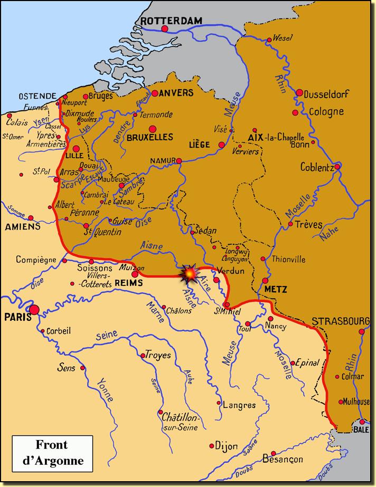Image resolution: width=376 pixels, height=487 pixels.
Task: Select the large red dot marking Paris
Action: [35, 310]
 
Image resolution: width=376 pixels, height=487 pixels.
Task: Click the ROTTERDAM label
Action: [171, 20]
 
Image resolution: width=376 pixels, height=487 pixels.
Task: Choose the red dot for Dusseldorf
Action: [299, 93]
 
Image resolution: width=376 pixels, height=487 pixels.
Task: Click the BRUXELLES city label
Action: [150, 137]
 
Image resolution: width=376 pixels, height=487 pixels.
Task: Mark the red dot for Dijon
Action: [211, 444]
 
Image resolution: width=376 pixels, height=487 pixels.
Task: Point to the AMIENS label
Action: [23, 226]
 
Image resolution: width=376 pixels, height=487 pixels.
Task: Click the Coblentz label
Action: [317, 167]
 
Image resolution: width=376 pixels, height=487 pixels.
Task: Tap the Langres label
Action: [239, 405]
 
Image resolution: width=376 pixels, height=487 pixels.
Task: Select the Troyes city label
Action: [158, 355]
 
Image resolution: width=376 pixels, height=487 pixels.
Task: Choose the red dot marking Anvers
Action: [155, 93]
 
